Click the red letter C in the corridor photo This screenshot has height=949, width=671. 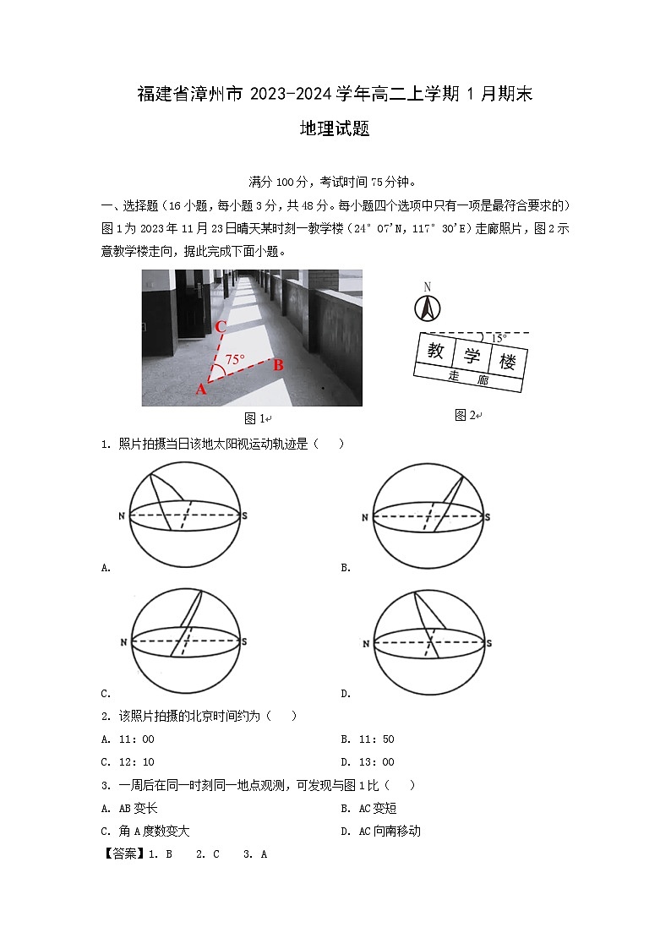click(x=220, y=326)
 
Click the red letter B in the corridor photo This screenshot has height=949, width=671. click(x=278, y=365)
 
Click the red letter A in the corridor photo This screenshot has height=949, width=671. click(x=201, y=389)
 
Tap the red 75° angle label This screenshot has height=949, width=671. click(x=235, y=359)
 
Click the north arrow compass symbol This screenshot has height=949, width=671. click(x=428, y=308)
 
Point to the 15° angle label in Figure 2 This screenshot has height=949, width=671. click(x=499, y=338)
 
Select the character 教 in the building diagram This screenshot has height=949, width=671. click(x=436, y=351)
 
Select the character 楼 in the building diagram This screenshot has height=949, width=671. click(x=507, y=362)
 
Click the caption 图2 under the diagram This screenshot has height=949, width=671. click(x=465, y=414)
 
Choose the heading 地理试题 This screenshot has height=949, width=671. click(x=335, y=129)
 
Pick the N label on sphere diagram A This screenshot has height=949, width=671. click(x=122, y=515)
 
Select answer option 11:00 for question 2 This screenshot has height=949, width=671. click(x=139, y=739)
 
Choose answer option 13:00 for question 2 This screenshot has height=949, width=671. click(x=378, y=762)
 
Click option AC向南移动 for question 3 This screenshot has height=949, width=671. click(x=388, y=831)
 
